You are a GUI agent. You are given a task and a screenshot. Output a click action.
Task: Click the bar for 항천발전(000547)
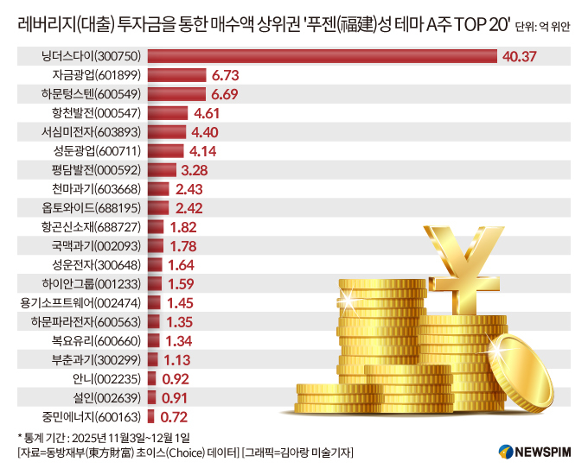(x=169, y=113)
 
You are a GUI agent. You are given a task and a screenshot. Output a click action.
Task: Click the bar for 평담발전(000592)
(x=162, y=170)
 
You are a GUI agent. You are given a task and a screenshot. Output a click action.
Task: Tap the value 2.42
(x=189, y=208)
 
